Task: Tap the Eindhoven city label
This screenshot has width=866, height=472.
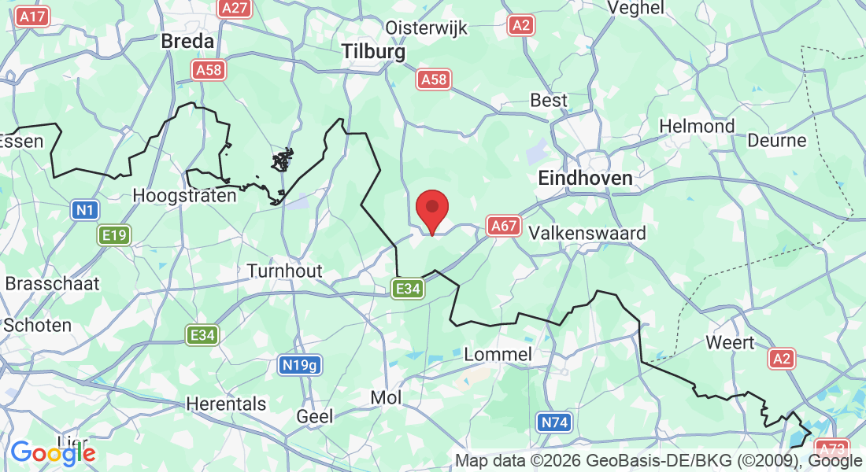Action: pos(585,179)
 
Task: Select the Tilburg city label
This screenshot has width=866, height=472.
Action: pos(374,52)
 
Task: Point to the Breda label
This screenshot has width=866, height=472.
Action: pos(188,41)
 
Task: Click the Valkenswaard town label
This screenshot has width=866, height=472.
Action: pos(587,234)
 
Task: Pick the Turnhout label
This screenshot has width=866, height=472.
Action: pos(285,271)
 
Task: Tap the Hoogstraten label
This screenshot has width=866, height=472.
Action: pos(185,195)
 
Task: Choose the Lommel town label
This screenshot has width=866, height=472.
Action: pos(498,354)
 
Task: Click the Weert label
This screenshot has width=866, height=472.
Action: pos(730,342)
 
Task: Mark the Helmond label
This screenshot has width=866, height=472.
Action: pos(697,126)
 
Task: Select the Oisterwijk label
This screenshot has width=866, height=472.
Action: pos(426,28)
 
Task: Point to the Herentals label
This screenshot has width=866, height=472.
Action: pos(226,404)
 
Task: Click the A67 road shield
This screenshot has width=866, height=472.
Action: pos(503,227)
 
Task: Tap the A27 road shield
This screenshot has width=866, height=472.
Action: pos(234,8)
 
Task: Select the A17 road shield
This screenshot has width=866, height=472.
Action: pos(33,17)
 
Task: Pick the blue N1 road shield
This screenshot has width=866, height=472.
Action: pos(84,210)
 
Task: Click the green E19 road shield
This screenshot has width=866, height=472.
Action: pos(114,234)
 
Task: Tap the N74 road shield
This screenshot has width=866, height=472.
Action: pos(554,422)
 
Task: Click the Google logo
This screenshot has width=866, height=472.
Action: pos(53,453)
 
